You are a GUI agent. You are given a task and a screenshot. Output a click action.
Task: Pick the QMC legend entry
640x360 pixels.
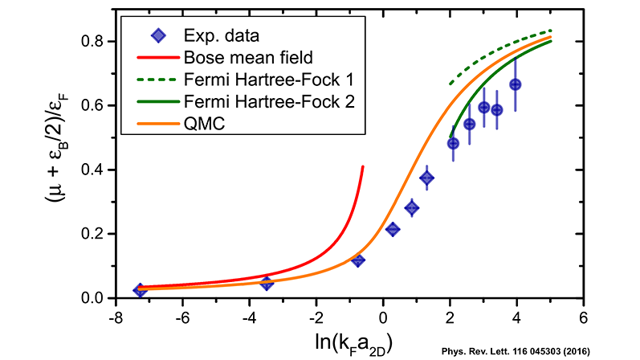[202, 124]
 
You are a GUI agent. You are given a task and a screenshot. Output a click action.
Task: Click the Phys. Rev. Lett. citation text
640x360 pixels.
[540, 351]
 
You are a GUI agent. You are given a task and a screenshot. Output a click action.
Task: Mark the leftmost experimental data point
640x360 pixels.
[140, 290]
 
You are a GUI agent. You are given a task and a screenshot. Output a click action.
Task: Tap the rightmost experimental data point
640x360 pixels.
[516, 84]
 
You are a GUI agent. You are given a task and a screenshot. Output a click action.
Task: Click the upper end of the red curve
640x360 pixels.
[363, 167]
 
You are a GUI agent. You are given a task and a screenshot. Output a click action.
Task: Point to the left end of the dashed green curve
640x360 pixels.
[450, 84]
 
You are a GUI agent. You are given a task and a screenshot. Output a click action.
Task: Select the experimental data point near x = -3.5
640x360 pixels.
[267, 283]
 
